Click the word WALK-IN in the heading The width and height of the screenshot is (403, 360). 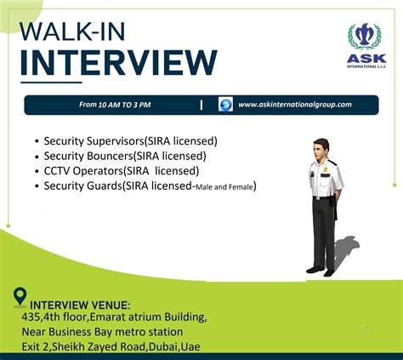tap(72, 31)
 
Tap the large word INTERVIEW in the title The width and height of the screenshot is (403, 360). tap(119, 63)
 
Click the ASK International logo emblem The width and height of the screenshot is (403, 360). tap(365, 37)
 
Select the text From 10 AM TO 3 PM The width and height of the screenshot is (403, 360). tap(115, 105)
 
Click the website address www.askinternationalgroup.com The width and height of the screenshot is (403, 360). tap(295, 105)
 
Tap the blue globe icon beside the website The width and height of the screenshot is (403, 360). tap(225, 105)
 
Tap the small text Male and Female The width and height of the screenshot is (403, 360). tap(224, 187)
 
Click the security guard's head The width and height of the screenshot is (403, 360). tap(321, 149)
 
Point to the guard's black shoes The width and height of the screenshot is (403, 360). tap(321, 271)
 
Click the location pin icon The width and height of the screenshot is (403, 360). tap(20, 297)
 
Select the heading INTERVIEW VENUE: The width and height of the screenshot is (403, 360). tap(80, 306)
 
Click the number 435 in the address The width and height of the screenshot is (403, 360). tap(31, 317)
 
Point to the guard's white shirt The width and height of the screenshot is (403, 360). tap(326, 178)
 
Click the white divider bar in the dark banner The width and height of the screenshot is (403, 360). tap(201, 105)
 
